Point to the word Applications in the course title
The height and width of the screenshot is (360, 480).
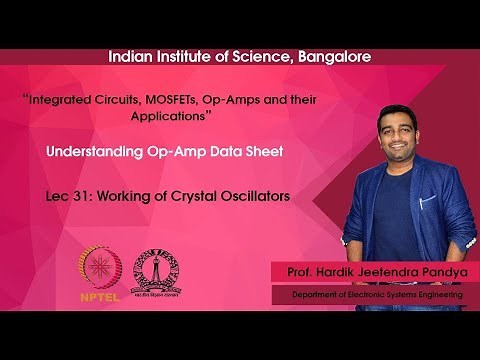pos(167,116)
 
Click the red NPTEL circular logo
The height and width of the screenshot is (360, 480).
pos(98,265)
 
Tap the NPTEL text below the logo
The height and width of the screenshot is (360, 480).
pos(98,296)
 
